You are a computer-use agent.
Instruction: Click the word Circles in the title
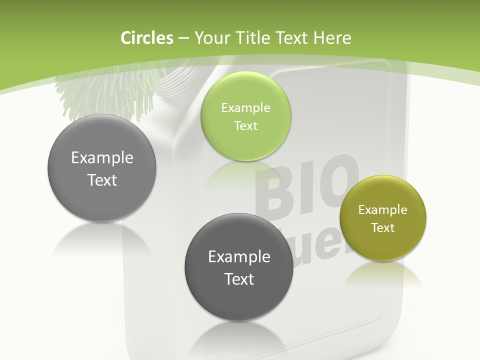[x=146, y=38]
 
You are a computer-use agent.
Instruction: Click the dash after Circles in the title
[x=183, y=38]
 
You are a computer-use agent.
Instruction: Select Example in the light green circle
[x=245, y=107]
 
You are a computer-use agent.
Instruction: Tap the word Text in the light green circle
[x=245, y=125]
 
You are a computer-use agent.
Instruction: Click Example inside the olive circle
[x=382, y=210]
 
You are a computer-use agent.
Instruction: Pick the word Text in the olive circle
[x=383, y=227]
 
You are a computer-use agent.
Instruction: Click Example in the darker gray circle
[x=239, y=256]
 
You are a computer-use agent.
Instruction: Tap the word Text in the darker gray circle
[x=239, y=279]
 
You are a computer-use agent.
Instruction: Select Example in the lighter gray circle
[x=102, y=157]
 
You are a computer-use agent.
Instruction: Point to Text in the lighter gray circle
[x=102, y=180]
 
